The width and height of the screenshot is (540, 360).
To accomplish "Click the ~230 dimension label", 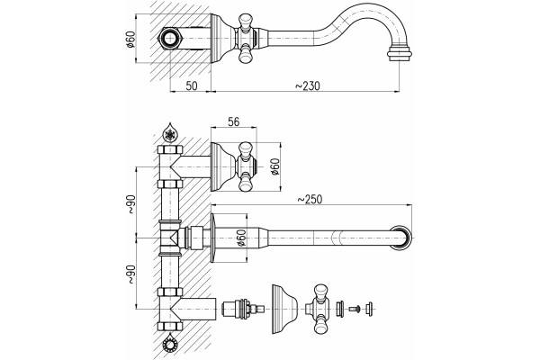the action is click(x=308, y=85).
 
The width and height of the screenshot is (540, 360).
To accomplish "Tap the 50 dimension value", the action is click(x=192, y=85).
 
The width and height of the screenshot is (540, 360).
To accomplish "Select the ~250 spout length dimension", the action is click(x=310, y=200).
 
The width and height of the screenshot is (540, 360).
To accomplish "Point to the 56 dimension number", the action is click(x=234, y=121).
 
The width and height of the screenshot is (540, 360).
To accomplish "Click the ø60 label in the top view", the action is click(x=130, y=40).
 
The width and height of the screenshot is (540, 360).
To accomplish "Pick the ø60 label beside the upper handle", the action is click(x=275, y=166).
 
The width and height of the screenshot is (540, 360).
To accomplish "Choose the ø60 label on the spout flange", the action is click(x=241, y=238).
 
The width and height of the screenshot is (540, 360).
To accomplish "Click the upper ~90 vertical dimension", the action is click(x=131, y=204).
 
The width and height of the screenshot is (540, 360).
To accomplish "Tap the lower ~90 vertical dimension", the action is click(x=131, y=274).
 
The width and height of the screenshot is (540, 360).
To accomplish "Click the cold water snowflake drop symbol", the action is click(x=170, y=132).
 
